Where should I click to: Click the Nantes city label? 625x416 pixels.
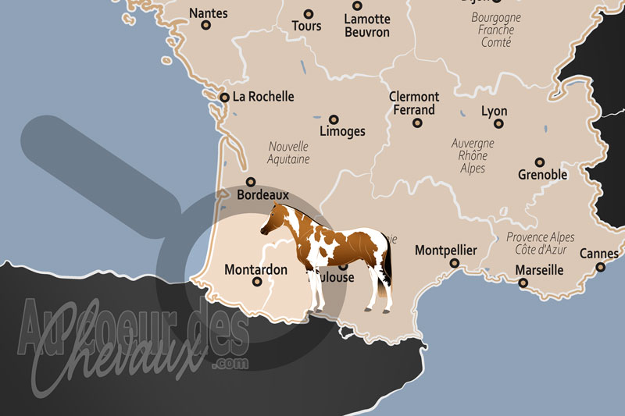pos(209,12)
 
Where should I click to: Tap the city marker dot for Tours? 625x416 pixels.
pos(308,14)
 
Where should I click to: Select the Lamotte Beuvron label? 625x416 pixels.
pos(367,25)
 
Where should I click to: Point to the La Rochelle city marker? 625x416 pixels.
pos(225,98)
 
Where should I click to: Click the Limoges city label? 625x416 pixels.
pos(342,131)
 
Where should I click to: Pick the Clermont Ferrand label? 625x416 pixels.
pos(414,103)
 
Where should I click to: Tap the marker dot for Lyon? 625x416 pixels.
pos(499,123)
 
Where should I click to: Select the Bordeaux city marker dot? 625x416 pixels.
pos(251,182)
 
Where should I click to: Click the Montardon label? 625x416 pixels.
pos(255,270)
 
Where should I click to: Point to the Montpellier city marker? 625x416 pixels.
pos(455,263)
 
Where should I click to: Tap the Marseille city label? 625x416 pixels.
pos(539,270)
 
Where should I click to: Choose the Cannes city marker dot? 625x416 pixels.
pos(601,267)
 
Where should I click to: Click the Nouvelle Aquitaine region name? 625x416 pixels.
pos(288,152)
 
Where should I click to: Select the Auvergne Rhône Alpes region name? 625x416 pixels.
pos(473,155)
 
